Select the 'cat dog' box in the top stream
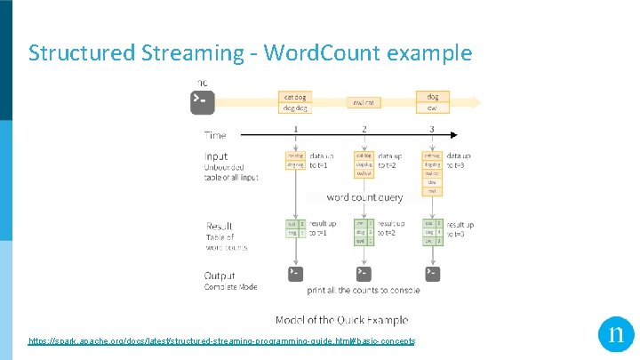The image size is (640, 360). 296,97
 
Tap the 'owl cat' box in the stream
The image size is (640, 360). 364,102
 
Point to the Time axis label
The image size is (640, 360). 215,136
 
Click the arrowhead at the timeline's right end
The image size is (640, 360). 454,136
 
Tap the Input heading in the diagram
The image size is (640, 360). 216,157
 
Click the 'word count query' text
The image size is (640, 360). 364,197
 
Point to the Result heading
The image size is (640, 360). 220,227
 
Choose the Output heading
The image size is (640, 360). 220,276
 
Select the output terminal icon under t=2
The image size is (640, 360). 364,273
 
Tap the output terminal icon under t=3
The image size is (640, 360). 431,273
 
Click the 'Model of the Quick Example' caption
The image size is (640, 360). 341,320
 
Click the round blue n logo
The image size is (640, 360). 616,335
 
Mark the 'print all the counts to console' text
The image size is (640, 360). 363,291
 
